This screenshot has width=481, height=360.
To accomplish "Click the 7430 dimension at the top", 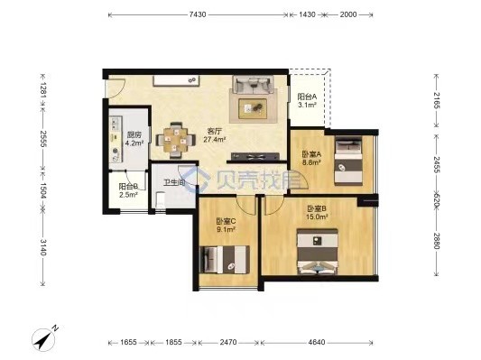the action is [x=198, y=14].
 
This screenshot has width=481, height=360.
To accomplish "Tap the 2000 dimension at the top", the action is [x=348, y=14].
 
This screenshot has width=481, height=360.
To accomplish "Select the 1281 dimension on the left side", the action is [x=43, y=90].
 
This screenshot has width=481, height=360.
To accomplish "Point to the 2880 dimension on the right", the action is [x=437, y=241].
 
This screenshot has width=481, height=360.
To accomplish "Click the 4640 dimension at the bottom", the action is [x=317, y=342].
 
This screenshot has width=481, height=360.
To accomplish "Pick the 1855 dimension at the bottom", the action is [x=173, y=342].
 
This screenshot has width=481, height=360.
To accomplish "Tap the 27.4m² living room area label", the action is [x=215, y=140].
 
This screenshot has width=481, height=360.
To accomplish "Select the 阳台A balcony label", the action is [x=307, y=97].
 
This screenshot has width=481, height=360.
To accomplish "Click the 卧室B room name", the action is [x=317, y=208].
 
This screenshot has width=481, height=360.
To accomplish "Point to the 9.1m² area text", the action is [x=227, y=229].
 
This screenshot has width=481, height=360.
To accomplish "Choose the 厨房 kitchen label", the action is [x=134, y=135].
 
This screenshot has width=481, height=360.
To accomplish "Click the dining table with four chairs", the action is [x=176, y=141].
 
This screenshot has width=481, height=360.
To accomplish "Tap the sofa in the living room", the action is [x=253, y=84].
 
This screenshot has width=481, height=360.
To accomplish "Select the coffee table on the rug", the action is [x=253, y=108].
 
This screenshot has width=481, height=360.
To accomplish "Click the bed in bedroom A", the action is [x=348, y=161].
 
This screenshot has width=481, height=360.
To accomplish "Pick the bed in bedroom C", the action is [x=225, y=260].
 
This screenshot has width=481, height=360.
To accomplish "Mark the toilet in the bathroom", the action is [x=160, y=200].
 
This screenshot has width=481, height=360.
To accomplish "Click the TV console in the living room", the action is [x=255, y=156].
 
